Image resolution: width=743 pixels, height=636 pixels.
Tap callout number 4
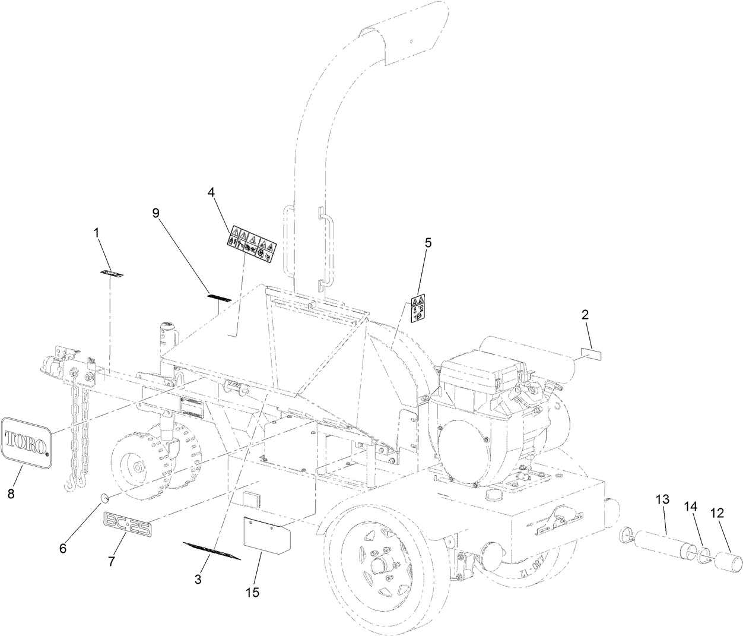pos(211,192)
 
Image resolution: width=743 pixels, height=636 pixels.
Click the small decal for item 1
pos(111,274)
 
